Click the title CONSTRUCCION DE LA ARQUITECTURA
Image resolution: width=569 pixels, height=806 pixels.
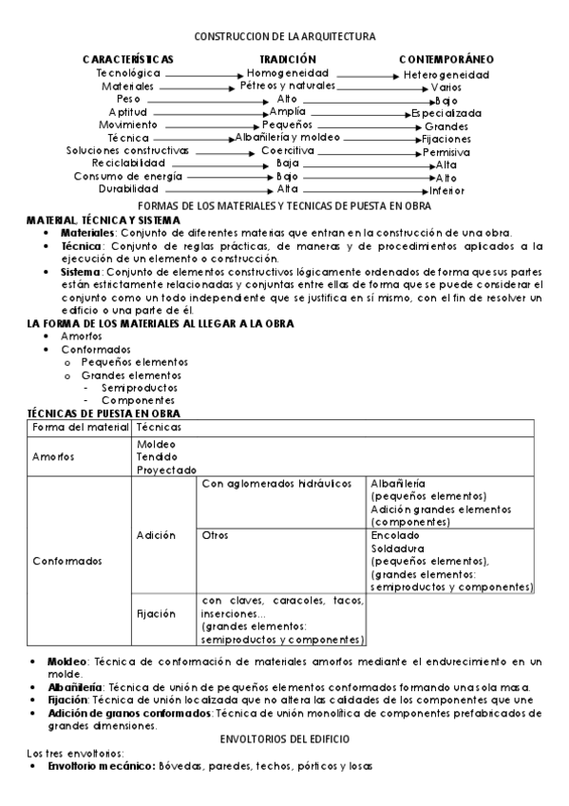click(284, 36)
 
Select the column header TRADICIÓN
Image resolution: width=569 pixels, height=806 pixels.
click(287, 59)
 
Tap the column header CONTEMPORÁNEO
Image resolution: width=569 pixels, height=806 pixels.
click(446, 59)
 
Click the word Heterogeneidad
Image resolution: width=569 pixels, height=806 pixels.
click(446, 73)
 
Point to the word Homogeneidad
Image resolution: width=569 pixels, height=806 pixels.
click(288, 72)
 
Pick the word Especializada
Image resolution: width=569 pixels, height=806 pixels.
click(446, 113)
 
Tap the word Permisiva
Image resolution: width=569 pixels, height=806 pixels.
click(446, 151)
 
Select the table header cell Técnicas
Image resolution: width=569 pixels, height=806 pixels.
click(159, 429)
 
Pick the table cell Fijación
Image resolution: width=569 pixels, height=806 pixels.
click(157, 614)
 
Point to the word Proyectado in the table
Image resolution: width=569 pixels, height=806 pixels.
click(166, 470)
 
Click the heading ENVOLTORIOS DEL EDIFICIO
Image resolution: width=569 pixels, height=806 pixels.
click(284, 738)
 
